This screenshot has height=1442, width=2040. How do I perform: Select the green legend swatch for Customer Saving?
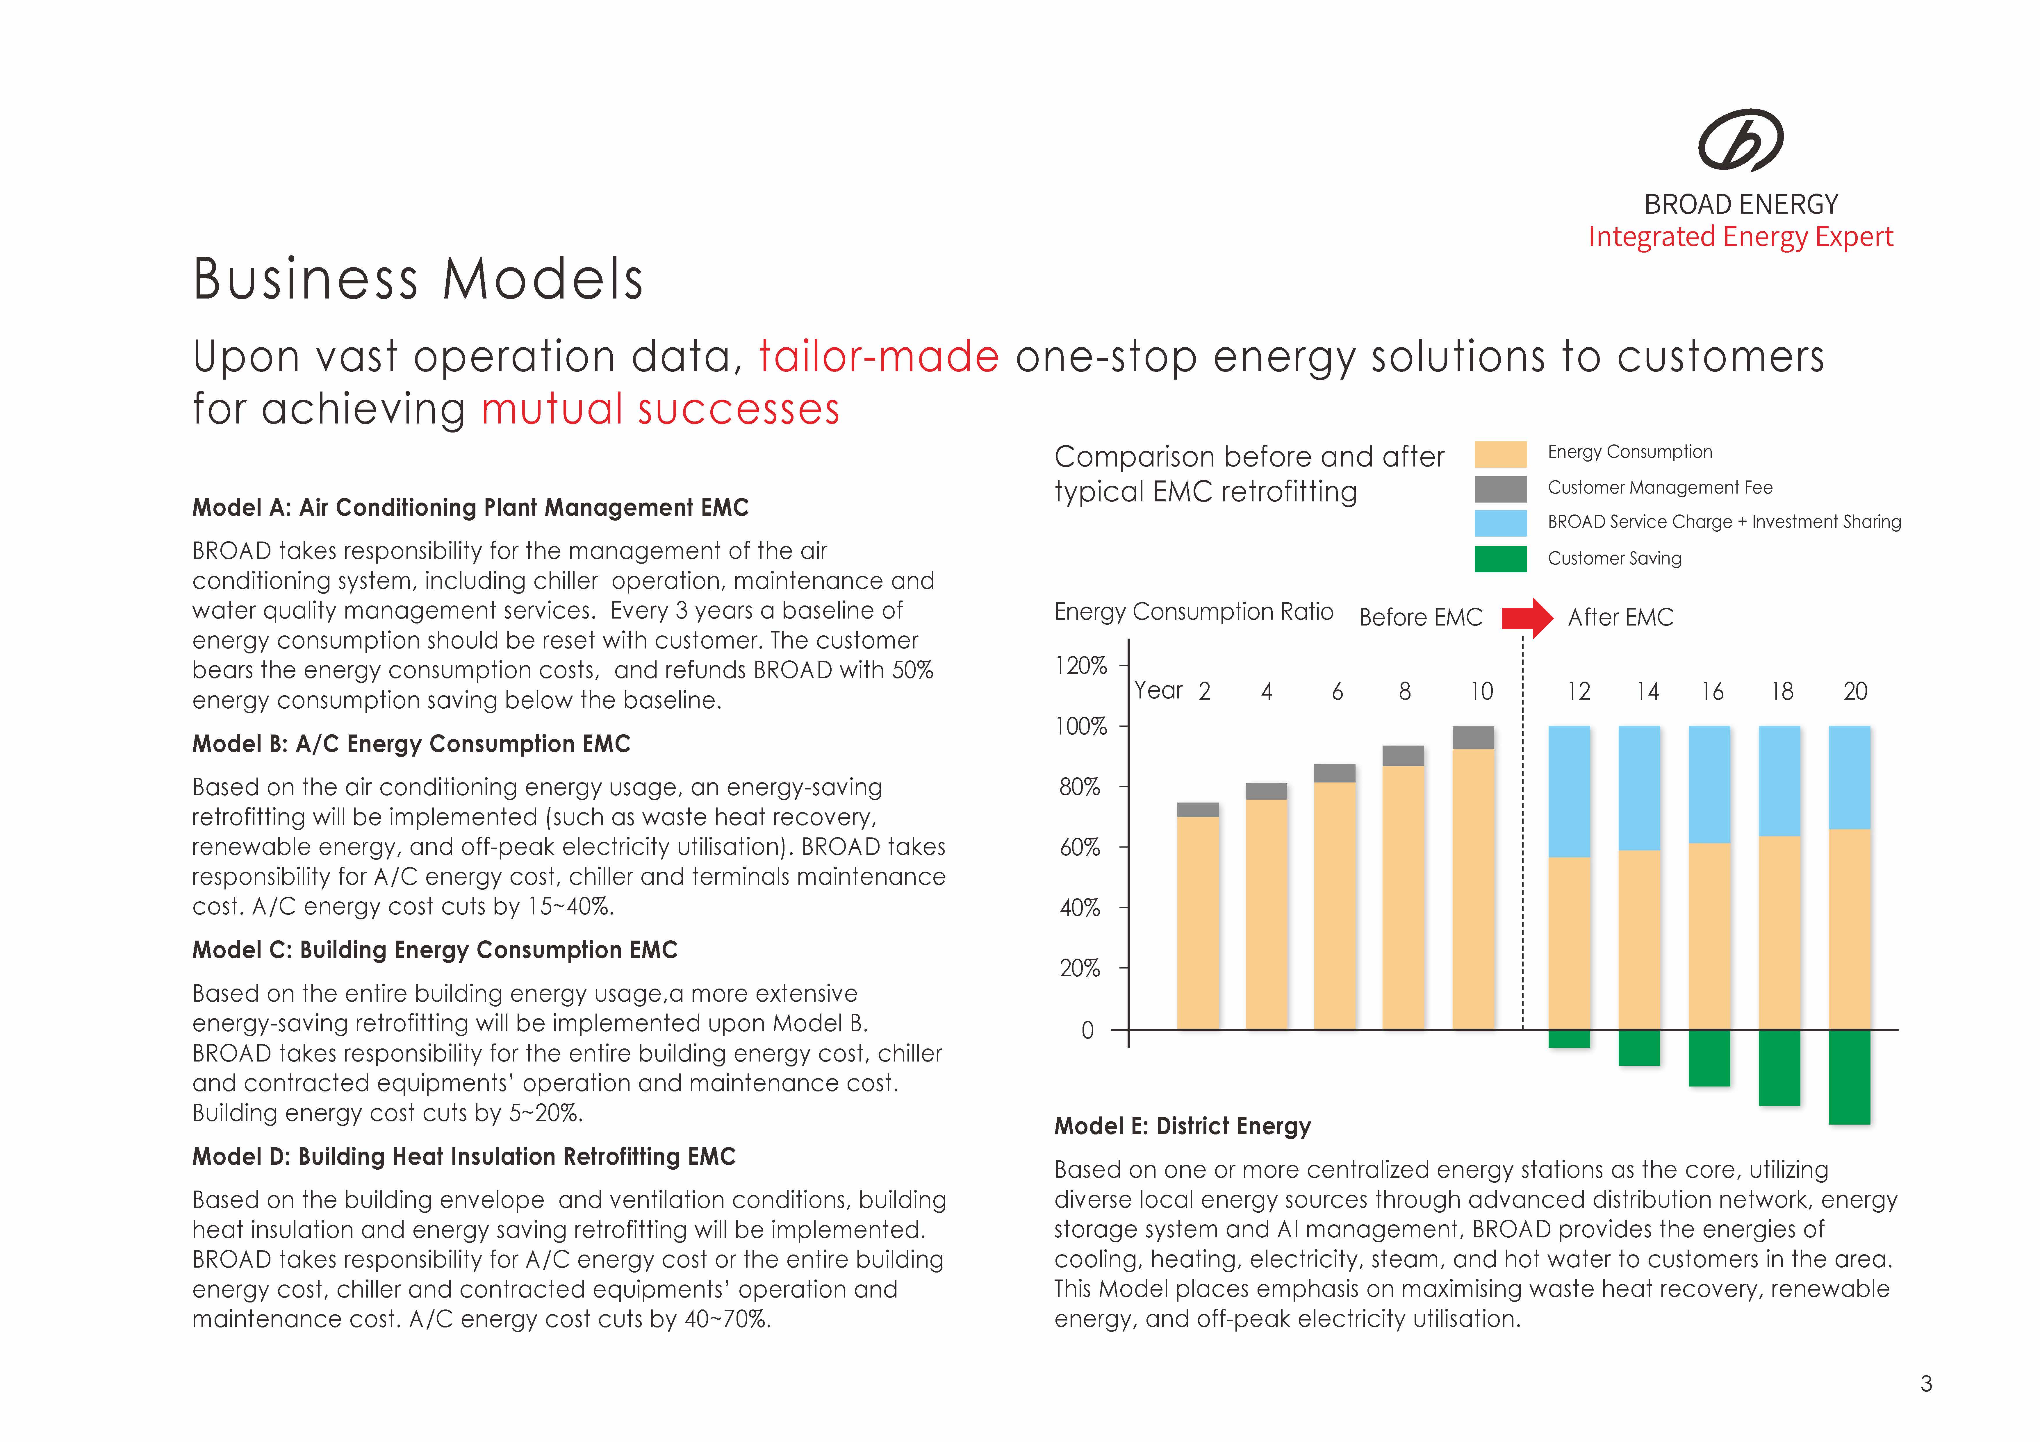[x=1501, y=559]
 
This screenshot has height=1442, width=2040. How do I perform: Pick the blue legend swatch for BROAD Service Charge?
[x=1501, y=522]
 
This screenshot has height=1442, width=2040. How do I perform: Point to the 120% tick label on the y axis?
[x=1080, y=665]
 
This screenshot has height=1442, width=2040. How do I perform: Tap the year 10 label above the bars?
[x=1481, y=691]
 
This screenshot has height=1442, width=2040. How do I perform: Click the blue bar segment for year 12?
[x=1569, y=791]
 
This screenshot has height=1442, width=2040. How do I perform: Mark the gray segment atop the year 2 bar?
[x=1198, y=810]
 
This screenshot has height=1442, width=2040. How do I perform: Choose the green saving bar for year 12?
[x=1569, y=1039]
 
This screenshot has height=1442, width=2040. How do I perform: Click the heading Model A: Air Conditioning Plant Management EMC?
[x=470, y=507]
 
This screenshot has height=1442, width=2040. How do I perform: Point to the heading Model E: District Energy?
[x=1182, y=1127]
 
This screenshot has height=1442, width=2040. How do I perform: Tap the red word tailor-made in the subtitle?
[x=879, y=356]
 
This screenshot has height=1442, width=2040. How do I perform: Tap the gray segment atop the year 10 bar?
[x=1473, y=737]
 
